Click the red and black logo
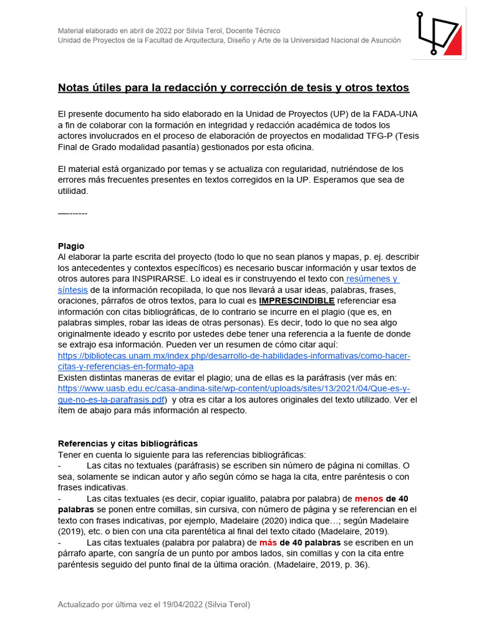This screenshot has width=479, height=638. (439, 33)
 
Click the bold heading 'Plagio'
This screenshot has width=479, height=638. (71, 246)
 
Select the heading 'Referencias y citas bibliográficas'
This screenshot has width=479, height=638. (128, 443)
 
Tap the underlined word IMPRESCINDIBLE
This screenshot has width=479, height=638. (297, 301)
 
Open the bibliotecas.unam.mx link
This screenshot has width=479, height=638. (234, 356)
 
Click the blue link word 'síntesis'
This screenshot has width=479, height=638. (72, 290)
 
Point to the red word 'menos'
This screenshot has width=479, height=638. (369, 498)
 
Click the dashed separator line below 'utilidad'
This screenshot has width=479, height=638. (72, 214)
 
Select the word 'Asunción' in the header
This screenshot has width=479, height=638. (384, 40)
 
